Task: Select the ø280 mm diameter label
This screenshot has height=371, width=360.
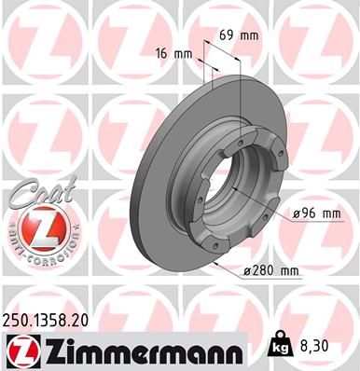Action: click(x=273, y=271)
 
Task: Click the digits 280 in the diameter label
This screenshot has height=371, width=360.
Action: click(x=267, y=271)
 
